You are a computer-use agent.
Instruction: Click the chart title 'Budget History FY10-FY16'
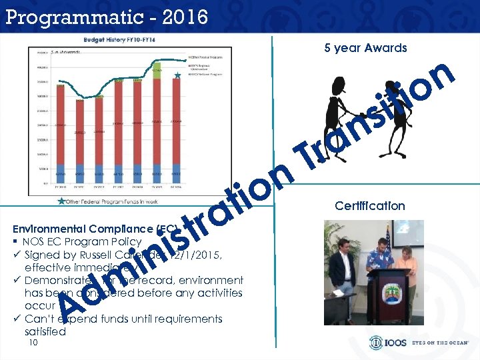(123, 41)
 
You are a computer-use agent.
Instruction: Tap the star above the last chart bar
(177, 77)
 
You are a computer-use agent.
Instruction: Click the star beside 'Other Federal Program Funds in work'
(62, 200)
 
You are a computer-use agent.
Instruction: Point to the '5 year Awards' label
(365, 48)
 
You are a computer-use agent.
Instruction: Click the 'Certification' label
(370, 206)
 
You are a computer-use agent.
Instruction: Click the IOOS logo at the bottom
(385, 343)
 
